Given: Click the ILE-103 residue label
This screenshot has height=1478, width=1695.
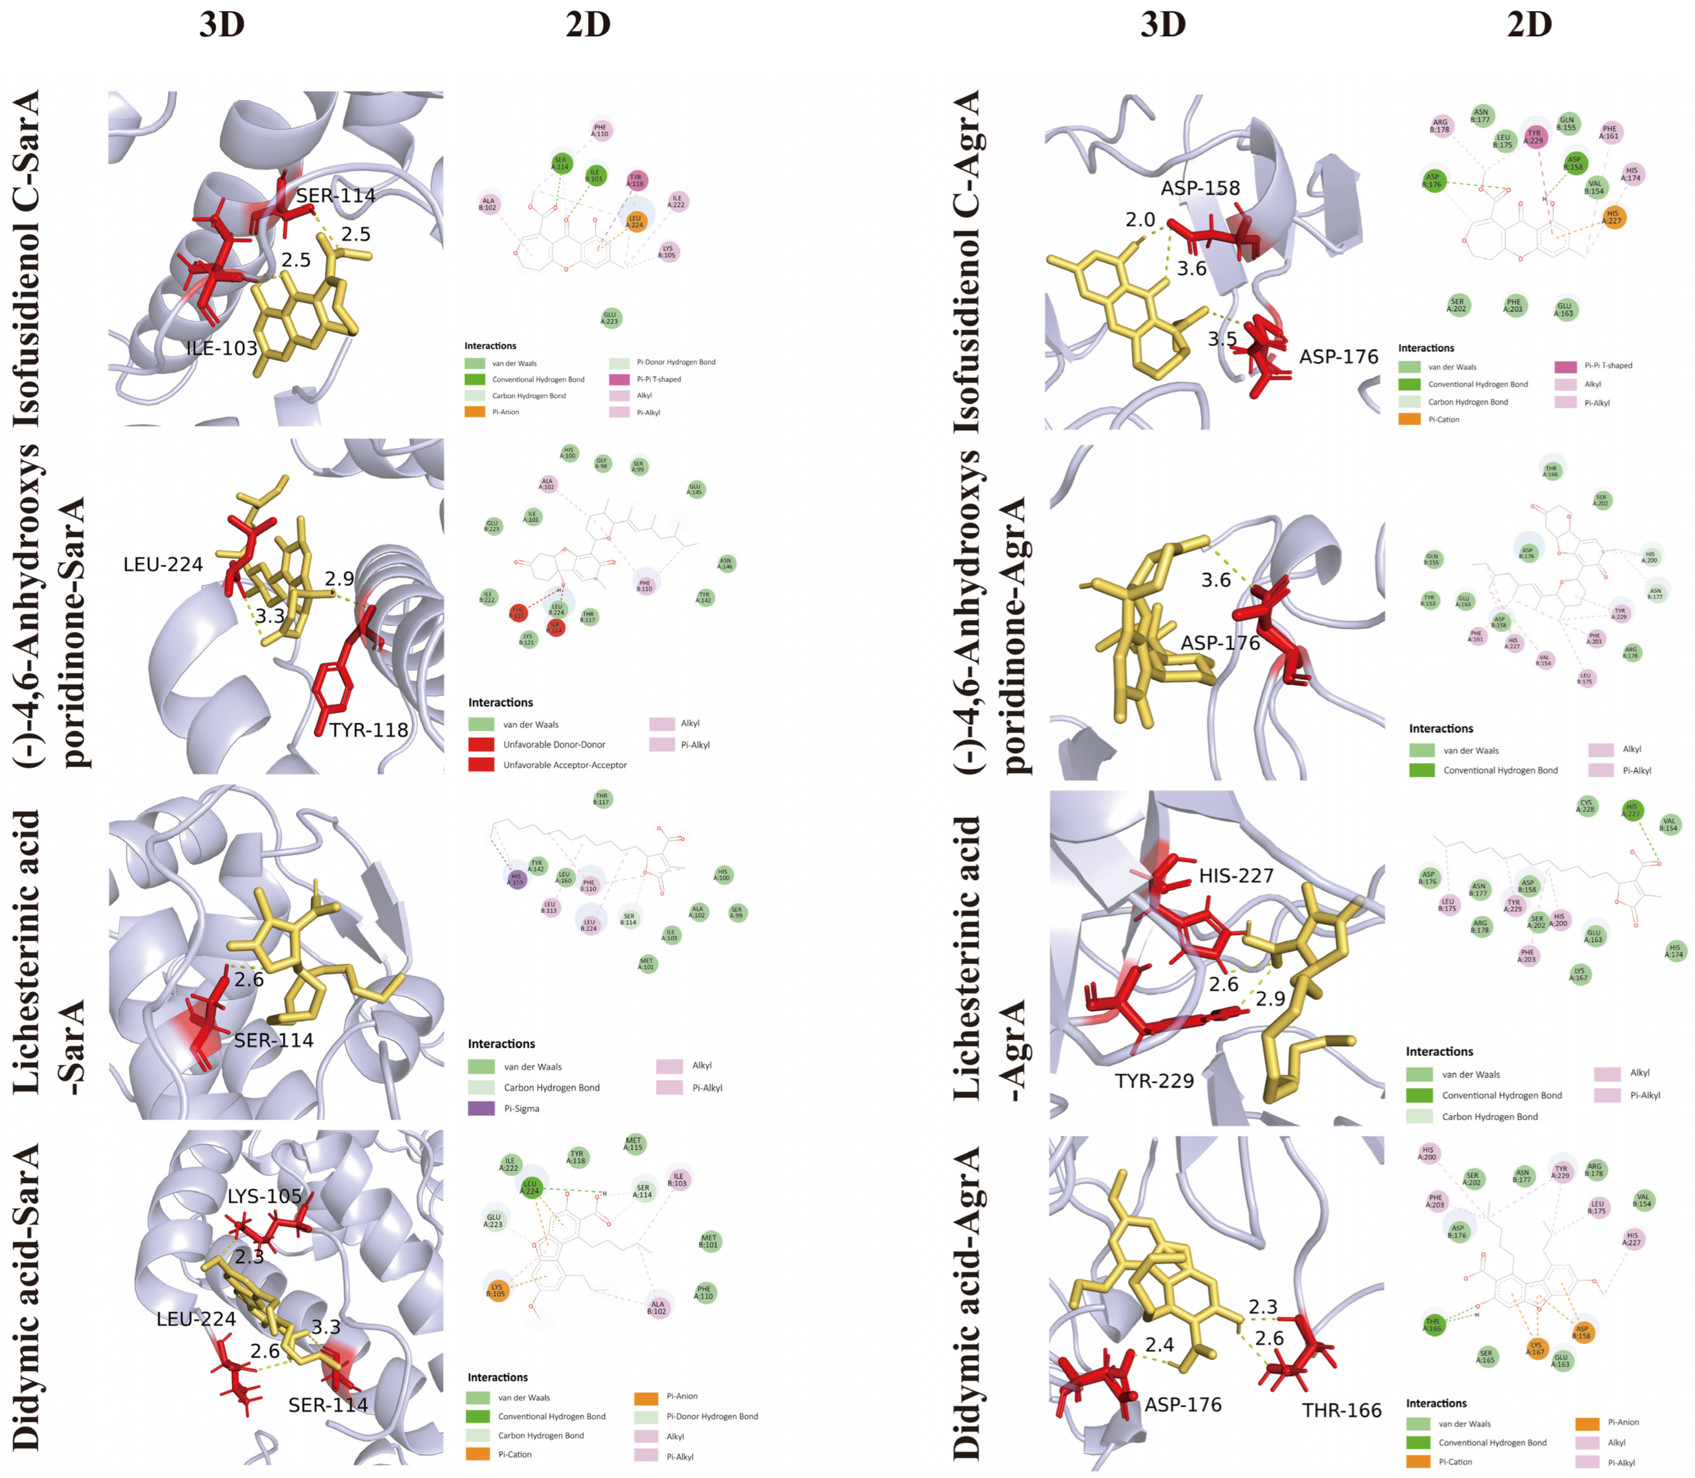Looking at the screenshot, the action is (x=221, y=348).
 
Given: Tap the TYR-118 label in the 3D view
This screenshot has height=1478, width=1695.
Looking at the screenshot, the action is (x=369, y=730).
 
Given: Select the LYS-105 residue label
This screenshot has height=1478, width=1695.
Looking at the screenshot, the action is (x=265, y=1196).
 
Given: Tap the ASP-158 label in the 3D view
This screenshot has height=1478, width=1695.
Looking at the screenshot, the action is (x=1200, y=188).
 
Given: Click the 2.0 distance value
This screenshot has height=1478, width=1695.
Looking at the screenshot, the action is (x=1140, y=219).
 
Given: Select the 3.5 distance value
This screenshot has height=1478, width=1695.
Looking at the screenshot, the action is (x=1222, y=339).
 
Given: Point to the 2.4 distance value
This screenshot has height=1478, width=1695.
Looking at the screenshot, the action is (x=1159, y=1344).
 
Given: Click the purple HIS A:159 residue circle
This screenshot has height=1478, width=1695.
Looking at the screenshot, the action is (x=517, y=879).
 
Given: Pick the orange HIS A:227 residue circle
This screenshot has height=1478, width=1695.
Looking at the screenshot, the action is (x=1613, y=217).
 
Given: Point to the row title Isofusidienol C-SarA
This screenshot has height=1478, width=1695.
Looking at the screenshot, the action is (x=27, y=258).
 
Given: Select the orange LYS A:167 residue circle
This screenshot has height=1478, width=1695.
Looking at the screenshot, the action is (x=1536, y=1348).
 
